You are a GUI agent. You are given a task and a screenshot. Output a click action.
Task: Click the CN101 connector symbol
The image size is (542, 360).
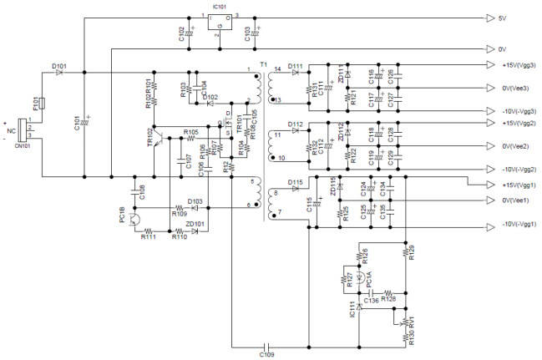pos(22,130)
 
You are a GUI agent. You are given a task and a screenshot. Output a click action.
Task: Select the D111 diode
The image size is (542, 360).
pos(296,73)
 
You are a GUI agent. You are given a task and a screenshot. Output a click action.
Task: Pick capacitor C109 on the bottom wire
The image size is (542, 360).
pos(266,344)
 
